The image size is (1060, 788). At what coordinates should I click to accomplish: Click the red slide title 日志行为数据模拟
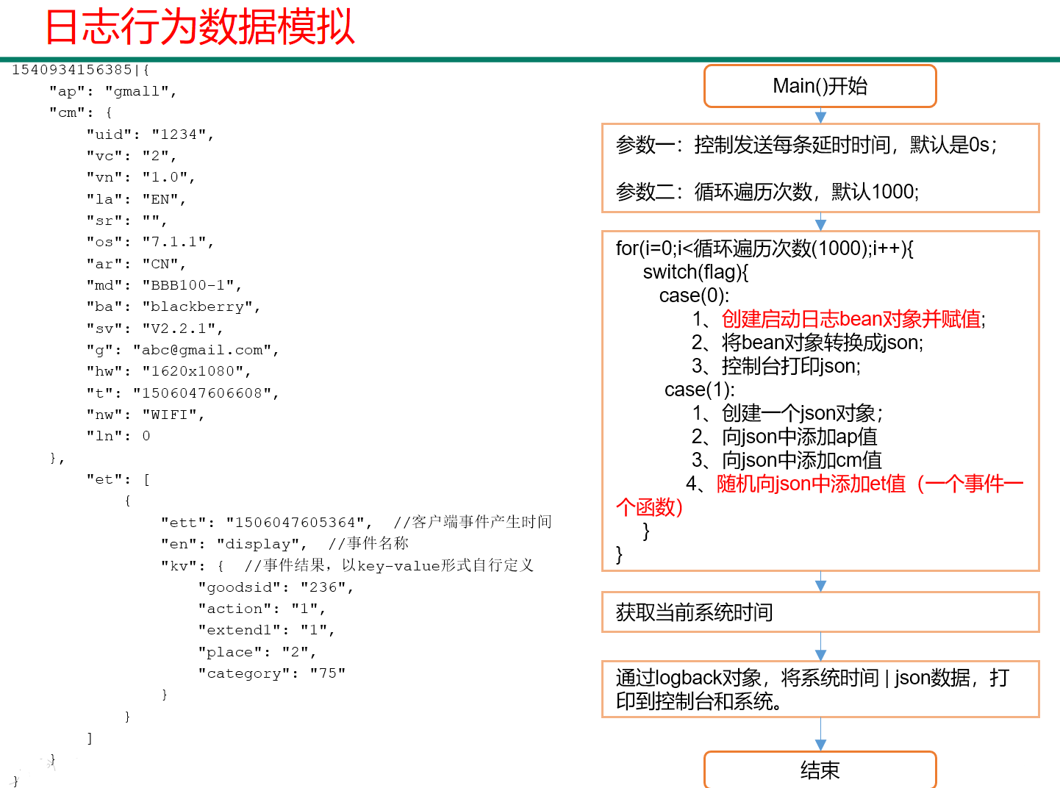(200, 26)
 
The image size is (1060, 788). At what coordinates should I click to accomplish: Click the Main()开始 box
(820, 86)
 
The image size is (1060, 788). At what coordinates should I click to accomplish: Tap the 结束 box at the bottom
(820, 770)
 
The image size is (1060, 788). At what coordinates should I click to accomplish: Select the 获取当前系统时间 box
(820, 612)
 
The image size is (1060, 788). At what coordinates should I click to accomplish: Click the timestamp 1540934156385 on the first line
(72, 70)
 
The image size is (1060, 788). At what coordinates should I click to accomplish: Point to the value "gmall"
(137, 91)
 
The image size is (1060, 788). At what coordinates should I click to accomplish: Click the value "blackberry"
(198, 307)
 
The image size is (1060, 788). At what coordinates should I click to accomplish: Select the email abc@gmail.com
(202, 350)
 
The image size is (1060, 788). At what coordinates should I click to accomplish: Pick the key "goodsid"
(239, 587)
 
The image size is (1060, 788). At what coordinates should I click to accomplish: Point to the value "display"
(258, 544)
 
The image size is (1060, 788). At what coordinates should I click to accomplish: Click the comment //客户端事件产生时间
(473, 522)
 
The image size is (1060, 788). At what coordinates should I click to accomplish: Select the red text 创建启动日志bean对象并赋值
(851, 319)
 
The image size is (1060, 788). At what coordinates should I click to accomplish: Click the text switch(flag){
(695, 272)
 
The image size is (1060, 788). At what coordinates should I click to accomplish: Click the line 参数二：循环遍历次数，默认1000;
(767, 192)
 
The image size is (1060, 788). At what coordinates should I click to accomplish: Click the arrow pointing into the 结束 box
(820, 734)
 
